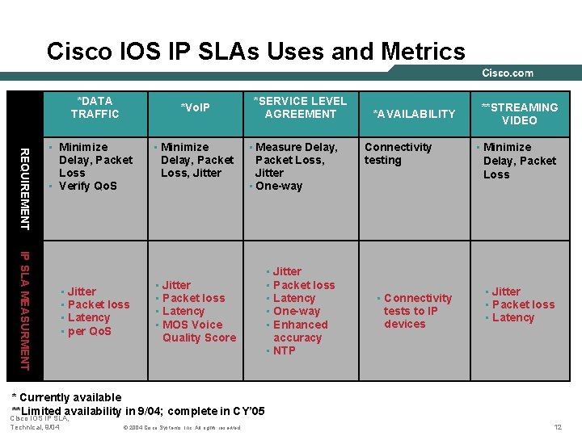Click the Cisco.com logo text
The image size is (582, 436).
tap(508, 73)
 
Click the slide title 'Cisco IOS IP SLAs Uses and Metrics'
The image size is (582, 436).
tap(256, 52)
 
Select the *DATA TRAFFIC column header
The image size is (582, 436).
tap(95, 107)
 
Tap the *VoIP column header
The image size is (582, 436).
tap(195, 107)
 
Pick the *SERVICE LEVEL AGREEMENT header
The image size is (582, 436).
tap(300, 107)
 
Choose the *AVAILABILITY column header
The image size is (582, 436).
tap(414, 114)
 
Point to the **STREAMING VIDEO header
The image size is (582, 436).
tap(519, 114)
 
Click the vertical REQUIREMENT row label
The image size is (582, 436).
tap(25, 187)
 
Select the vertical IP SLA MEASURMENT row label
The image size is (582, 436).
tap(25, 309)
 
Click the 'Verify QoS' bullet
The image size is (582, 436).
tap(87, 186)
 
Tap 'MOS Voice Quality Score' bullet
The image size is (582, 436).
tap(198, 331)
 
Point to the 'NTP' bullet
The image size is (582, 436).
tap(284, 350)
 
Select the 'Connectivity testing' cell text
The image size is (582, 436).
tap(398, 153)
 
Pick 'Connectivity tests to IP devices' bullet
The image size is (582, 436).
tap(416, 311)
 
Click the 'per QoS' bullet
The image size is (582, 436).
tap(89, 331)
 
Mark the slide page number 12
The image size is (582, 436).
tap(557, 426)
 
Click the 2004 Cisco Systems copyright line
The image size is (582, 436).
tap(182, 427)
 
